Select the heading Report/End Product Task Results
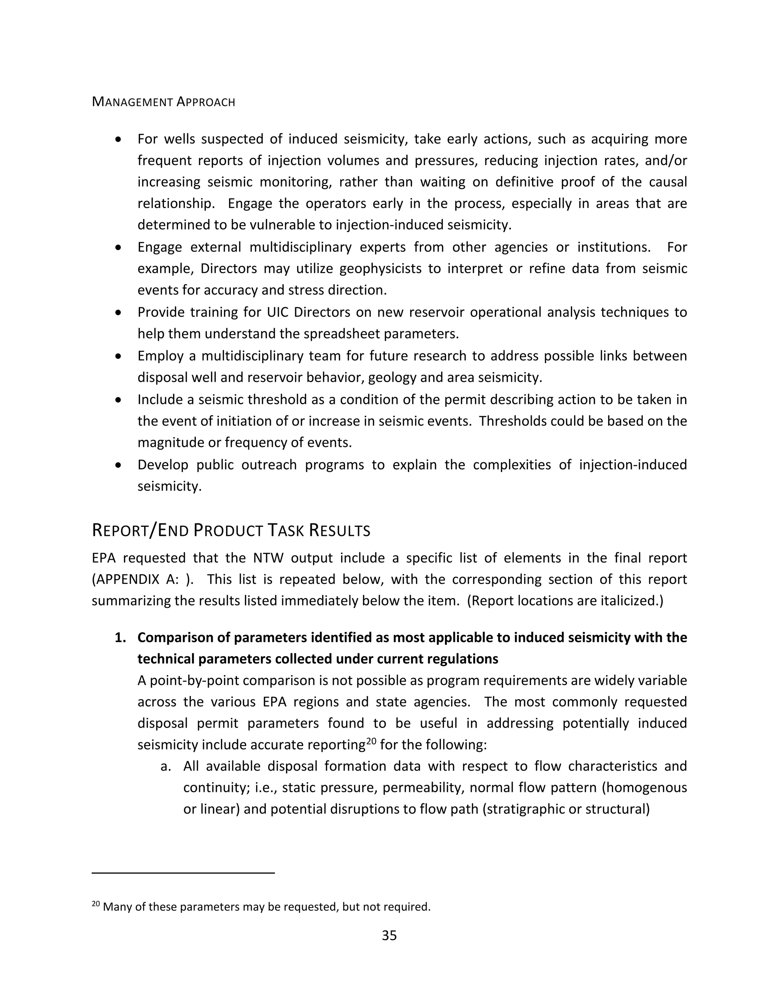231,531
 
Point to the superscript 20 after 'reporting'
372,742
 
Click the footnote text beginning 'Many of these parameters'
266,906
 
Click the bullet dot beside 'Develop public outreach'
119,465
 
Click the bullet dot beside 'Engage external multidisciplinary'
119,247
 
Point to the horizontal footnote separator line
183,873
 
